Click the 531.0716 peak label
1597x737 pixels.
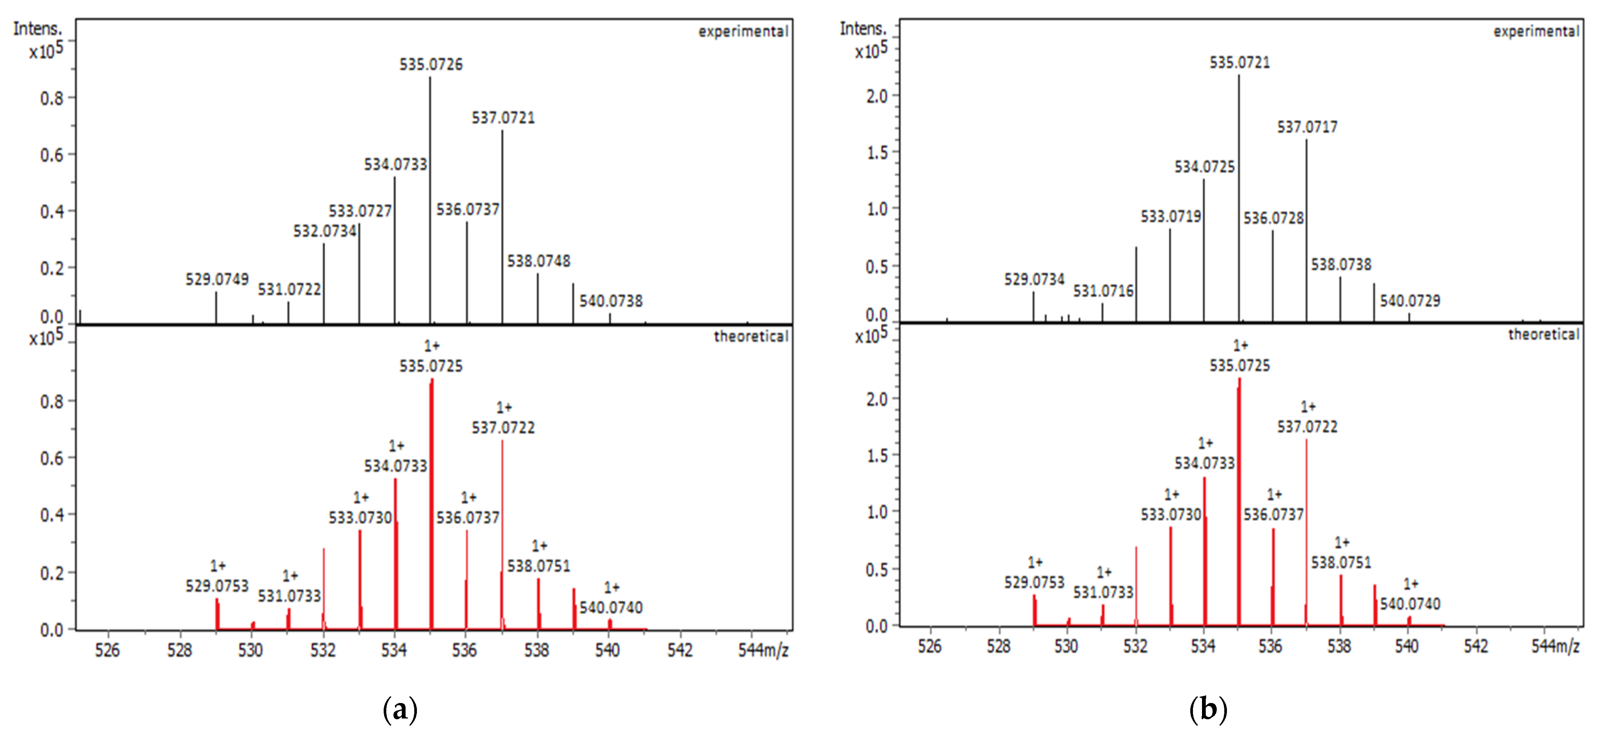(x=1103, y=290)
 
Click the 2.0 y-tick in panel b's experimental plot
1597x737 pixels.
(x=876, y=96)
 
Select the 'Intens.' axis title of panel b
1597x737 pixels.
(x=863, y=29)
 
